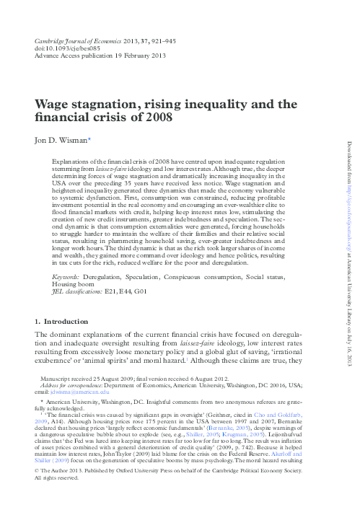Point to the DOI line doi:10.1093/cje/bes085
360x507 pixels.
click(x=63, y=48)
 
